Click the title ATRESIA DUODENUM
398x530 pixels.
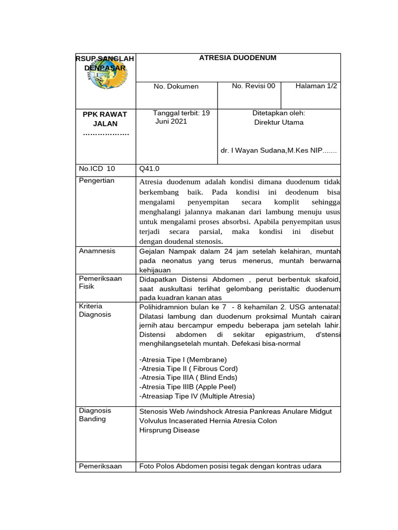[237, 58]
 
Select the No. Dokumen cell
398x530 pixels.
[176, 86]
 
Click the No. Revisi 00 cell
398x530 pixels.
[253, 86]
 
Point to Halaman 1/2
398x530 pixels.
[316, 86]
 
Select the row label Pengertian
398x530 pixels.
[96, 181]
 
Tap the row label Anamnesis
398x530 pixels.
[97, 251]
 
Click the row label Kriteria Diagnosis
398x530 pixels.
[95, 310]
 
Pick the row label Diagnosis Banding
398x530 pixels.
[95, 415]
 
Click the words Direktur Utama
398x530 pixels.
[279, 123]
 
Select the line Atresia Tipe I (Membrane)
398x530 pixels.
[183, 360]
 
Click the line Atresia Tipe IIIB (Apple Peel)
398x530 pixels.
[188, 387]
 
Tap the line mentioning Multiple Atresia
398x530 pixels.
[197, 396]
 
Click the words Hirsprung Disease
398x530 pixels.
[169, 430]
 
